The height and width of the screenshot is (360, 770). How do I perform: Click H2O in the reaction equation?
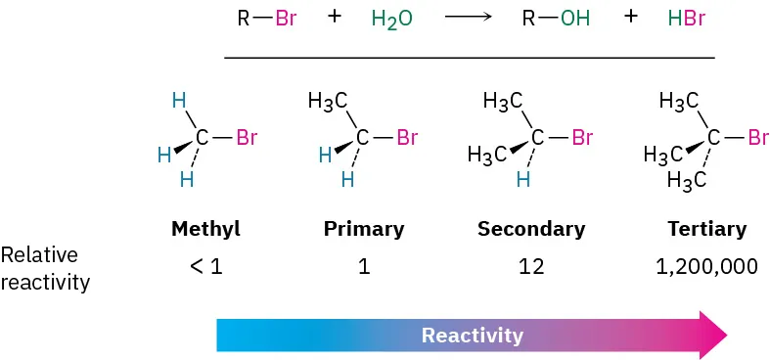coord(391,20)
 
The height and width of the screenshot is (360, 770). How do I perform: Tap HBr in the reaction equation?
coord(686,20)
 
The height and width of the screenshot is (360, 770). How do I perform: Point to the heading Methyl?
coord(205,230)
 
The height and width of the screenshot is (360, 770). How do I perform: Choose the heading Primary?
coord(364,230)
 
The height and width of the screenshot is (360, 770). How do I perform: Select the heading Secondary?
coord(531,230)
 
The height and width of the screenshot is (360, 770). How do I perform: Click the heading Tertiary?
coord(707,230)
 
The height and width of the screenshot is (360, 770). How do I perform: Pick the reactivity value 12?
coord(532,266)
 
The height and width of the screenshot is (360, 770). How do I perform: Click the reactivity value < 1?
coord(205,266)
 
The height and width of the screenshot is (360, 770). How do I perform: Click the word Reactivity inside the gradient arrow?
coord(473,336)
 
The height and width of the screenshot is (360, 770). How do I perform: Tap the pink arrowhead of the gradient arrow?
coord(712,334)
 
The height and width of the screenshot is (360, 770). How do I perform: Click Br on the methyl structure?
coord(247,138)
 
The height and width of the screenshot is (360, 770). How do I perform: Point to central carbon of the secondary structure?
coord(536,138)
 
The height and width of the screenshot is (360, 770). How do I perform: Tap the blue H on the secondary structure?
coord(523,179)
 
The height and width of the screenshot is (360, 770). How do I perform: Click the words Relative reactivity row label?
coord(45,269)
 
